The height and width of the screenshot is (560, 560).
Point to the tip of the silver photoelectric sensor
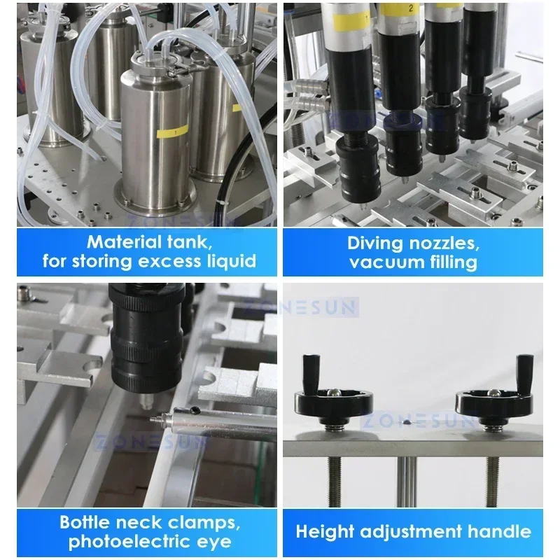tap(153, 419)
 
